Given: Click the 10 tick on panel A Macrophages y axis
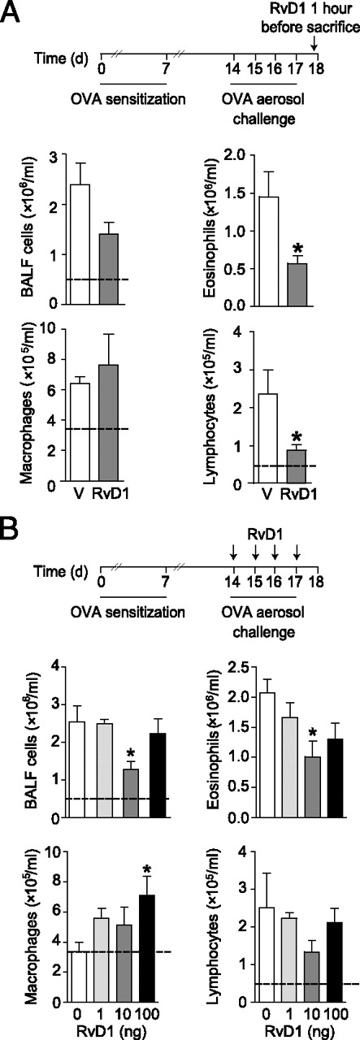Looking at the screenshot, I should (72, 329).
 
